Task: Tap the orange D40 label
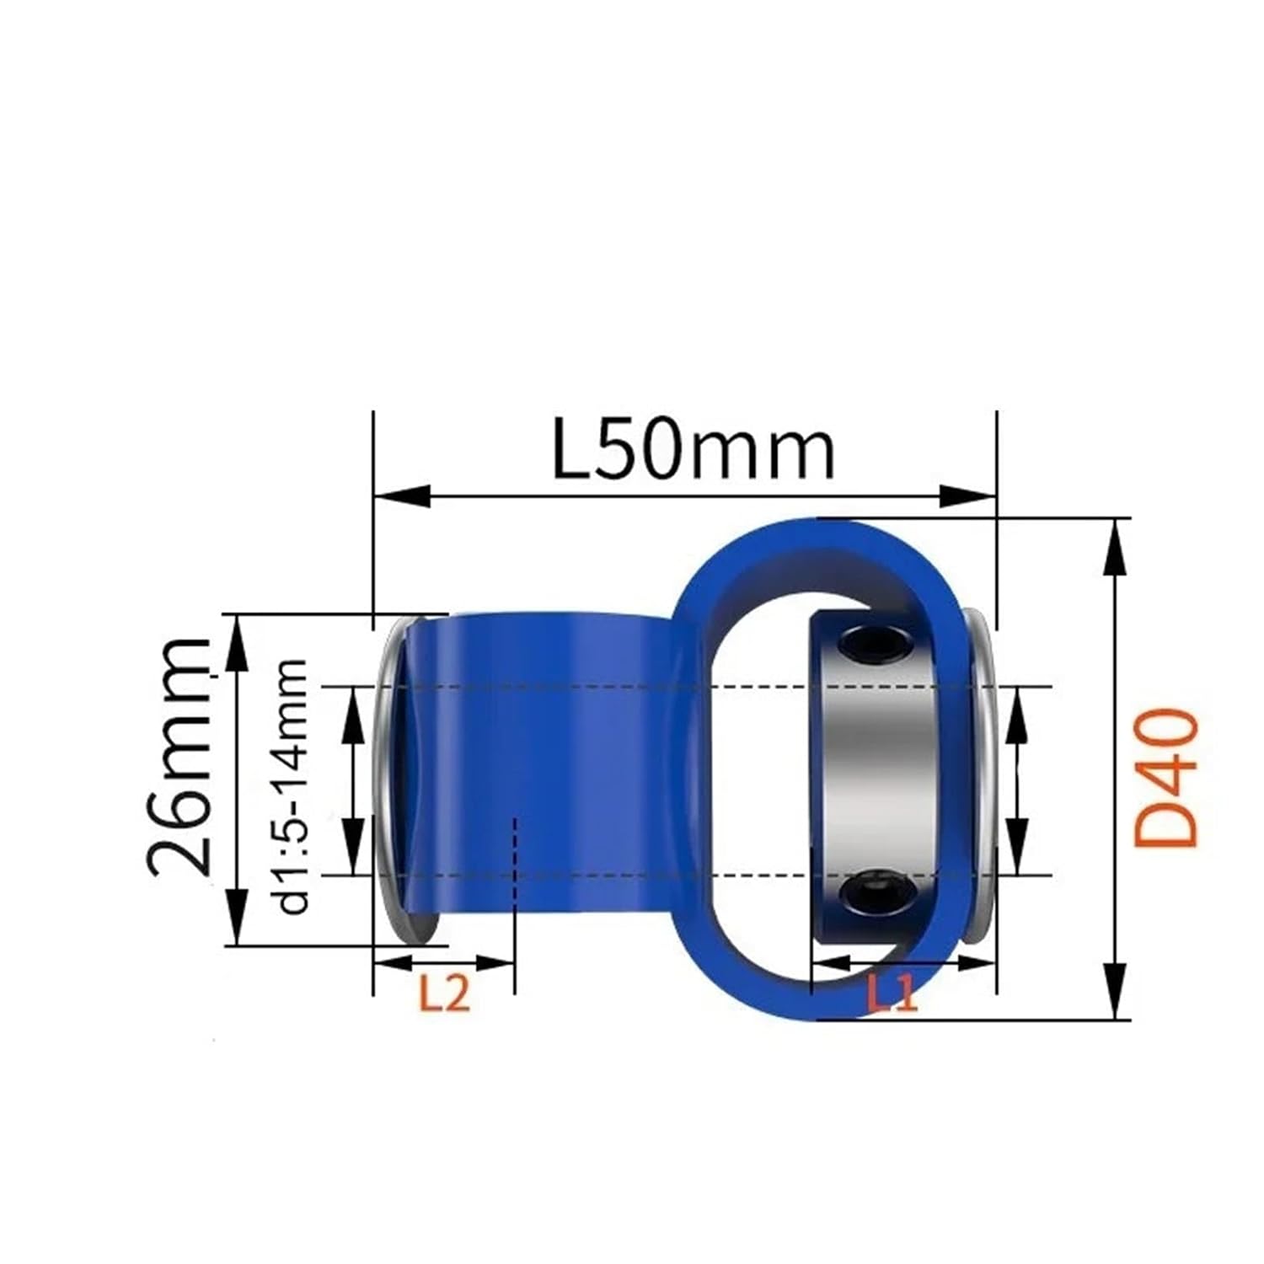pyautogui.click(x=1165, y=777)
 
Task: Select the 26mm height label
pyautogui.click(x=179, y=756)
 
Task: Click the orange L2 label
pyautogui.click(x=444, y=995)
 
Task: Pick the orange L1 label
pyautogui.click(x=892, y=995)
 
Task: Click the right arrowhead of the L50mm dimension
pyautogui.click(x=969, y=496)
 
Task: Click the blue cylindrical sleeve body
pyautogui.click(x=539, y=758)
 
